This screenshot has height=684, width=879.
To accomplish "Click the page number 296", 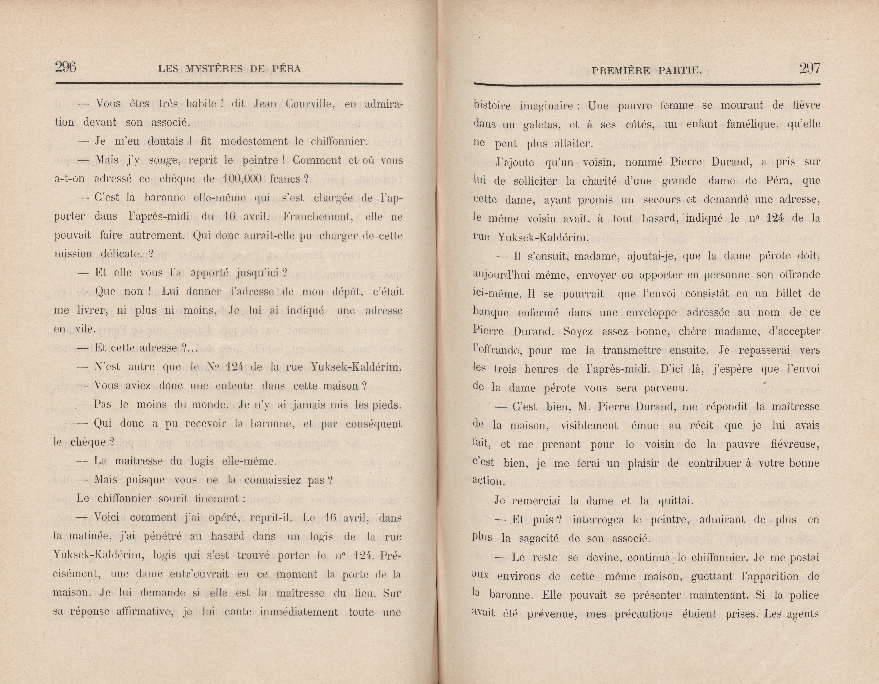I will (66, 67).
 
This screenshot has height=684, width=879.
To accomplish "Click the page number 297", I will (809, 68).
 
